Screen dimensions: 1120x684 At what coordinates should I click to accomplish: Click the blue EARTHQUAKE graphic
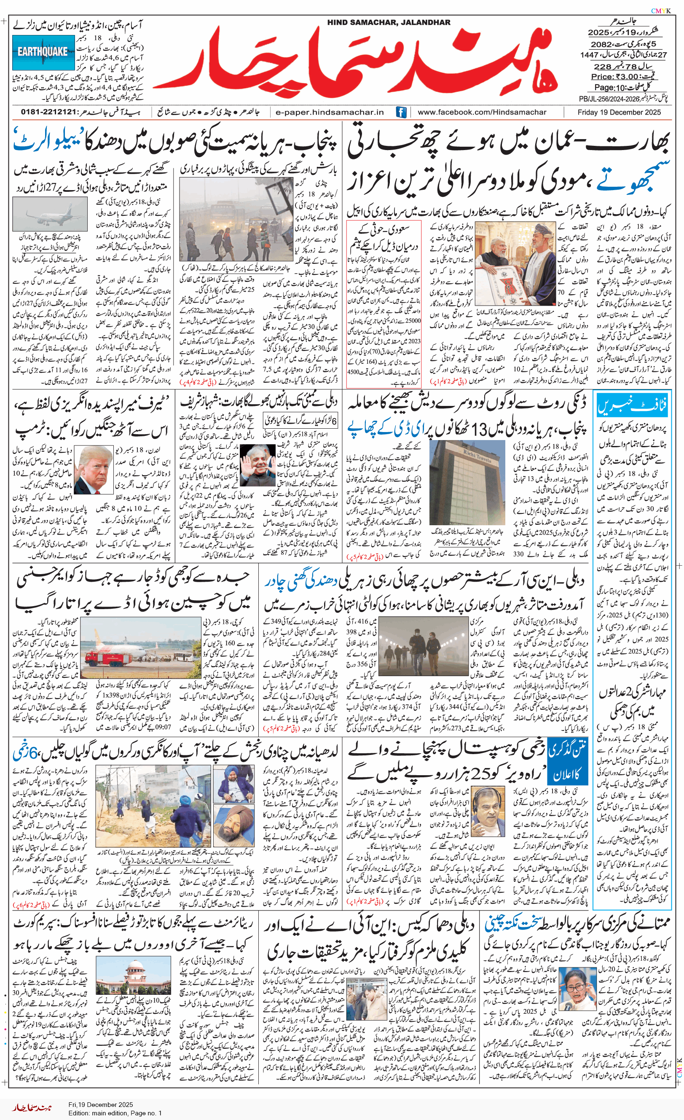(43, 51)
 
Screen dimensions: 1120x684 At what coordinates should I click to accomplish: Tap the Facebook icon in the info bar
(401, 112)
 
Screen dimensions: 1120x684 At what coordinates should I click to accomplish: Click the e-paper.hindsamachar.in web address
(330, 112)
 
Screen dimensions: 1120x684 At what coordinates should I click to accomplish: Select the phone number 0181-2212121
(48, 112)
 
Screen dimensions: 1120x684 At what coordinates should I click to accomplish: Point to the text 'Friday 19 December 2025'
(619, 112)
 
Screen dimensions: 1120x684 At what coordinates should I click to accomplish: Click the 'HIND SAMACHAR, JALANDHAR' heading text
(389, 22)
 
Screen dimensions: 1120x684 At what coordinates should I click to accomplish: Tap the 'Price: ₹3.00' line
(622, 77)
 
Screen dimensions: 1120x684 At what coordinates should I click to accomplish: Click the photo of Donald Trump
(94, 470)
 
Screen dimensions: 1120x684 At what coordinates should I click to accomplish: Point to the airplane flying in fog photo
(50, 214)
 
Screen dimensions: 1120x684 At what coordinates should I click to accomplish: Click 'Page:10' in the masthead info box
(610, 88)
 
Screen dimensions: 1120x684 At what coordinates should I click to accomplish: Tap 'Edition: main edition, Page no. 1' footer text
(115, 1113)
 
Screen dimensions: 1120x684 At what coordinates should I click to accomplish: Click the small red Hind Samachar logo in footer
(32, 1108)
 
